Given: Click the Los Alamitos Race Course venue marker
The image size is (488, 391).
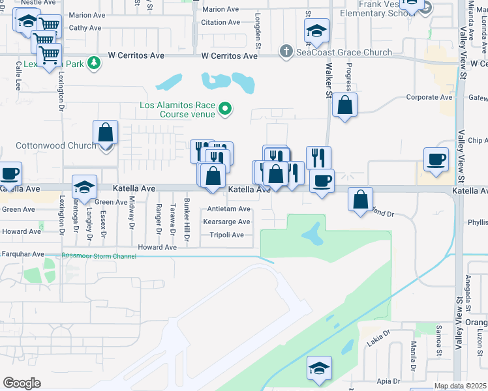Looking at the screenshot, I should click(x=226, y=108).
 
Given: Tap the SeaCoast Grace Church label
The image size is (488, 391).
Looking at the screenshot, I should click(x=344, y=52).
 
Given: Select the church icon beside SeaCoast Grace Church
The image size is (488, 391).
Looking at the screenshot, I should click(x=286, y=51).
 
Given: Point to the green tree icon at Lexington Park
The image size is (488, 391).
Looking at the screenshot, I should click(x=95, y=63).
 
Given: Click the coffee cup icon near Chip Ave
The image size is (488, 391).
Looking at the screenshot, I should click(x=436, y=158).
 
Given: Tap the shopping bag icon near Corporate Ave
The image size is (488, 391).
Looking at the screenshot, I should click(x=345, y=104).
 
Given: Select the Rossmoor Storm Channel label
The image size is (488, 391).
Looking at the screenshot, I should click(x=99, y=256).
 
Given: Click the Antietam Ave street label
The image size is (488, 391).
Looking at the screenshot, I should click(x=228, y=209).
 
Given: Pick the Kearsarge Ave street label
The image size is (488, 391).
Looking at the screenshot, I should click(x=226, y=222).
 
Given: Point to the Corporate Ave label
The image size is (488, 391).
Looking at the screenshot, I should click(x=429, y=97).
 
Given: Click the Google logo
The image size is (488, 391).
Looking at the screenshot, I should click(x=22, y=383).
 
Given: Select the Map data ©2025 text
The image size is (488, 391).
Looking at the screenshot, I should click(x=461, y=386).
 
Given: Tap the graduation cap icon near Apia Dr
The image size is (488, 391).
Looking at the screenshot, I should click(x=320, y=366).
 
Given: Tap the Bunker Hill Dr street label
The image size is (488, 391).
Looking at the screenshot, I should click(x=187, y=219).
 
